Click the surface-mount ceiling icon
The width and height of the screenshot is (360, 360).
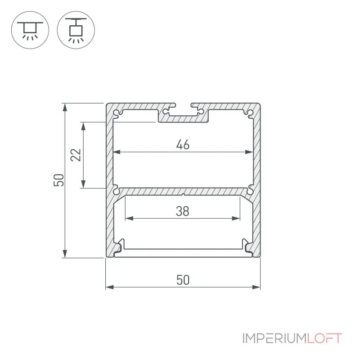pos(30,30)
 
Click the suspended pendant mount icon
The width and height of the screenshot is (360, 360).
pos(76,30)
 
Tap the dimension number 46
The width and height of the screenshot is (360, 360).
pos(183,144)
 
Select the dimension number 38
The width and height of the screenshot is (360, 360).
pos(183,211)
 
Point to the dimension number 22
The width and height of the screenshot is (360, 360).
pos(76,155)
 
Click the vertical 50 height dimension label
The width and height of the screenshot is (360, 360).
pos(59,180)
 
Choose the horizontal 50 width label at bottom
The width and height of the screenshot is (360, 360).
pos(183,280)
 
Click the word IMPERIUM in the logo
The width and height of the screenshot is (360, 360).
pos(274,338)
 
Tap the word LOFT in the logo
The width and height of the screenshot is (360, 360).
pos(324,338)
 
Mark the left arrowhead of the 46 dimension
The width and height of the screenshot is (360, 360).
pos(117,152)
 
